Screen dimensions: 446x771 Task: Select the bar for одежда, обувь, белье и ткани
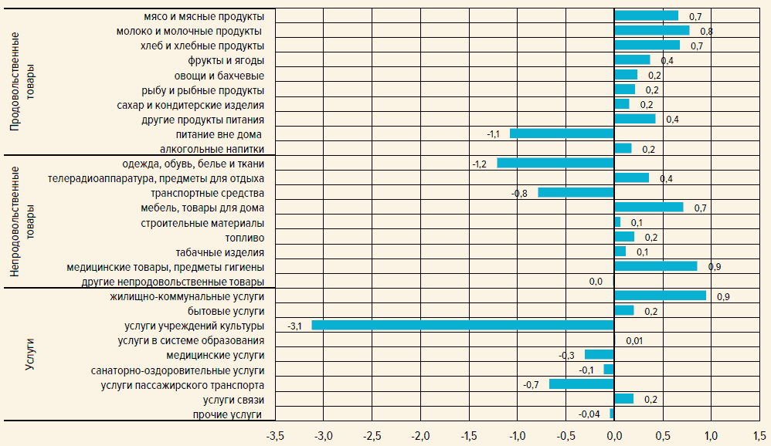(555, 163)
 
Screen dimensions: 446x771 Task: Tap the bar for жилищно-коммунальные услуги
(660, 296)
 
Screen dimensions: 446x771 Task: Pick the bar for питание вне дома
(562, 133)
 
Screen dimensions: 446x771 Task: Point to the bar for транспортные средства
(576, 192)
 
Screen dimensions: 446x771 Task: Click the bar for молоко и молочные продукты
(651, 30)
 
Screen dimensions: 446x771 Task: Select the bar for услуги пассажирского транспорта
(581, 384)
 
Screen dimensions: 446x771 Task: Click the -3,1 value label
(294, 326)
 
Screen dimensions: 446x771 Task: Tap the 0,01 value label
(634, 340)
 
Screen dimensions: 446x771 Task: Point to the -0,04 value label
(589, 414)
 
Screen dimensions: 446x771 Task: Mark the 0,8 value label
(706, 31)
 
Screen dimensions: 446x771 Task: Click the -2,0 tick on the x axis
(420, 437)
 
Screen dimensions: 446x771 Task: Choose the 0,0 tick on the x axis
(614, 437)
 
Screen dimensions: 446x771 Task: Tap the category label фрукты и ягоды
(226, 60)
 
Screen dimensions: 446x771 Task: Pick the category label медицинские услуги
(216, 355)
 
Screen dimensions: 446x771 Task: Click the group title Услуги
(30, 354)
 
